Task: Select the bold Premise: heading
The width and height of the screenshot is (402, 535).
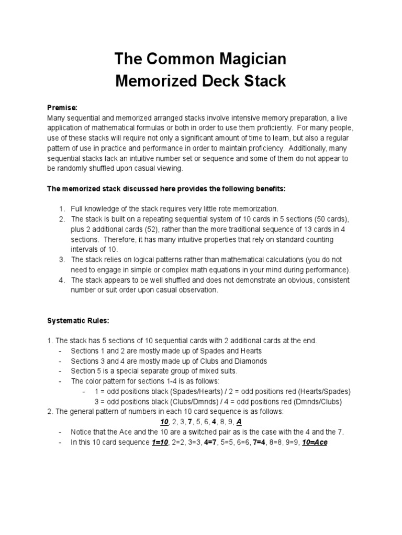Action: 62,107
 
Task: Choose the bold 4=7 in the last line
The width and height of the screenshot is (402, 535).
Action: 212,443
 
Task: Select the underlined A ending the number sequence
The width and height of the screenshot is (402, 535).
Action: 239,422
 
